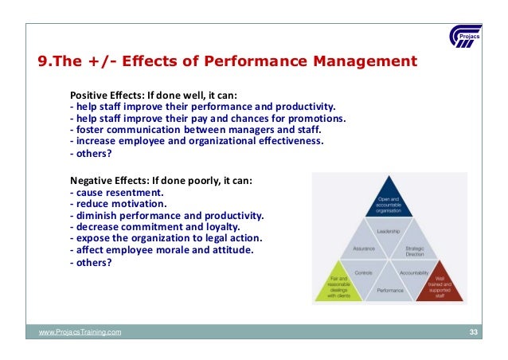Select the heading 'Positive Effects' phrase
[110, 94]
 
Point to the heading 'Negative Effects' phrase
[111, 181]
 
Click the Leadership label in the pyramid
[388, 231]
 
